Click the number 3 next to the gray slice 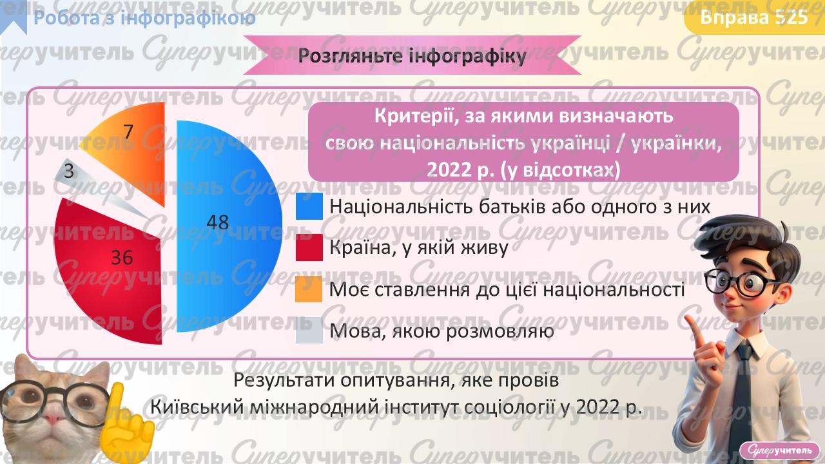click(x=68, y=172)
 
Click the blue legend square click(x=309, y=206)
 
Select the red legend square click(x=309, y=247)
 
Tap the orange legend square click(x=309, y=289)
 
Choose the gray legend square click(x=309, y=331)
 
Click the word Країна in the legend click(x=355, y=248)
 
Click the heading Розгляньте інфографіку click(x=412, y=57)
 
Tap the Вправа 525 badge click(x=753, y=17)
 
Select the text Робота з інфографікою click(x=144, y=18)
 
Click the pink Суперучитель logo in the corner click(x=780, y=449)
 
